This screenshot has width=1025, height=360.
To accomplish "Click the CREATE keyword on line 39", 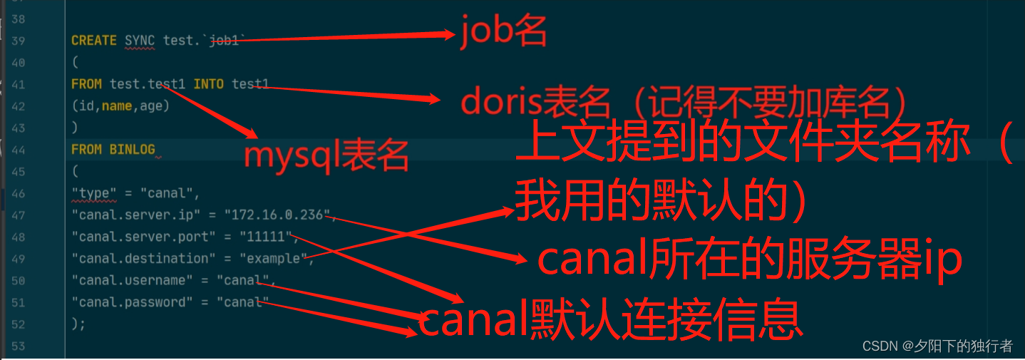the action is [93, 41].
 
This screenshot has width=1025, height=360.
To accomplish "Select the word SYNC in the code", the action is [140, 41].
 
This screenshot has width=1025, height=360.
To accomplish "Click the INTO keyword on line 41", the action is [208, 84].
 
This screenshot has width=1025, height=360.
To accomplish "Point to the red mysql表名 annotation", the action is [326, 155].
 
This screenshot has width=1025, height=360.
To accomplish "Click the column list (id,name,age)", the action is [120, 106].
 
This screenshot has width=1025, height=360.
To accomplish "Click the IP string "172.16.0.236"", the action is [278, 215].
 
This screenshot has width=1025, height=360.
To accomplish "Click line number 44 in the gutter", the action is [19, 150].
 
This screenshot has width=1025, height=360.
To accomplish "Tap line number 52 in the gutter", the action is [19, 324].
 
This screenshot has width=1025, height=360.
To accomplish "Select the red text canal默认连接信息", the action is [610, 321].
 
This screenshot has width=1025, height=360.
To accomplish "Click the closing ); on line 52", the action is [78, 324].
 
